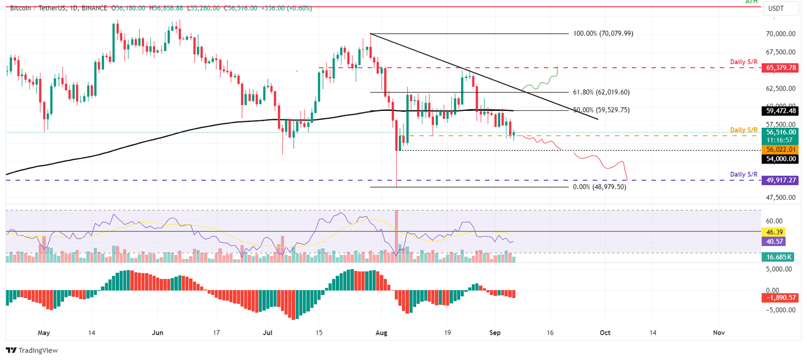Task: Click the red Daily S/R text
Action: pos(744,62)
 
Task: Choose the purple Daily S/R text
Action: pos(744,174)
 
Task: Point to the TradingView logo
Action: pos(32,351)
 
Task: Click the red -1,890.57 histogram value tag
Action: pos(780,298)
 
